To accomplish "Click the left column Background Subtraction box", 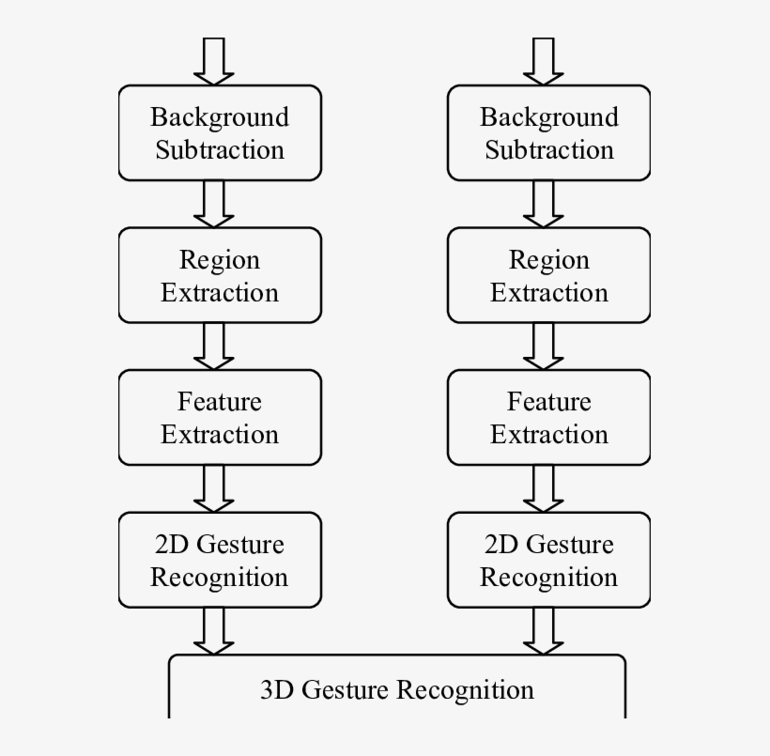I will point(220,132).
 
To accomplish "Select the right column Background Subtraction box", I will point(548,132).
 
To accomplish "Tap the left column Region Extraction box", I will point(220,275).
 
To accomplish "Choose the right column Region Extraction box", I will point(548,275).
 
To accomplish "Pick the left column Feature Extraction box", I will point(220,417).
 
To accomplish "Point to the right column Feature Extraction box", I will point(548,417).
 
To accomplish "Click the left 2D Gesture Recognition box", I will point(220,560).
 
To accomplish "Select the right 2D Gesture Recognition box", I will point(548,560).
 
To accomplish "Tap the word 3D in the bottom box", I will point(277,690).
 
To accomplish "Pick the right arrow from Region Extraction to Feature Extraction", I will point(544,346).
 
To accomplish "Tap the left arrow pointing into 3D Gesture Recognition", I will point(214,630).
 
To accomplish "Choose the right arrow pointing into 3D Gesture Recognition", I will point(544,630).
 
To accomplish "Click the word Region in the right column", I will point(548,260).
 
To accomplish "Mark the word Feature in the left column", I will point(220,402).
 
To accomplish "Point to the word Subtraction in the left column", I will point(220,150).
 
